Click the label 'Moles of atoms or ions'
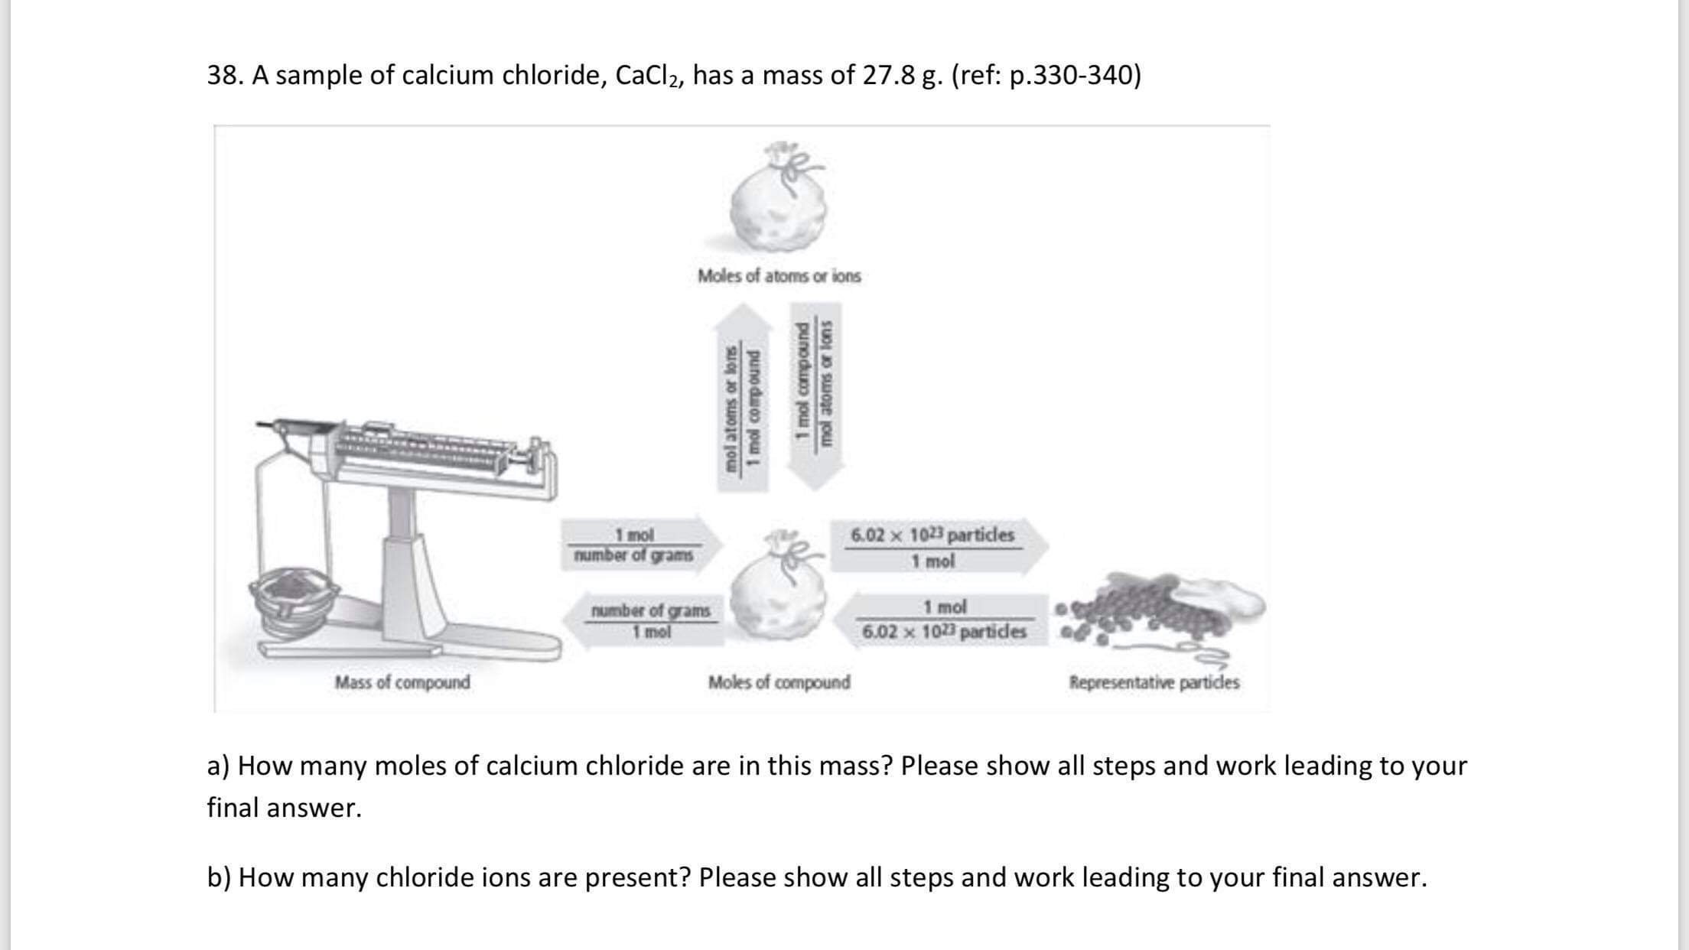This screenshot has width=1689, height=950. (779, 275)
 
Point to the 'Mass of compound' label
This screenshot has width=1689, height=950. (402, 682)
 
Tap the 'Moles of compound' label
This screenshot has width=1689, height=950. (779, 682)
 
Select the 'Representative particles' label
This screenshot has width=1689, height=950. (1154, 682)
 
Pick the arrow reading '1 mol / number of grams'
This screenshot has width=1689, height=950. (641, 545)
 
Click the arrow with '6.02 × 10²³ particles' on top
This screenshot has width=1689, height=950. (939, 546)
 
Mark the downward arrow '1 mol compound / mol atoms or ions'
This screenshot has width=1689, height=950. (815, 397)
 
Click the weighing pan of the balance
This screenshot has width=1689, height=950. (295, 604)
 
